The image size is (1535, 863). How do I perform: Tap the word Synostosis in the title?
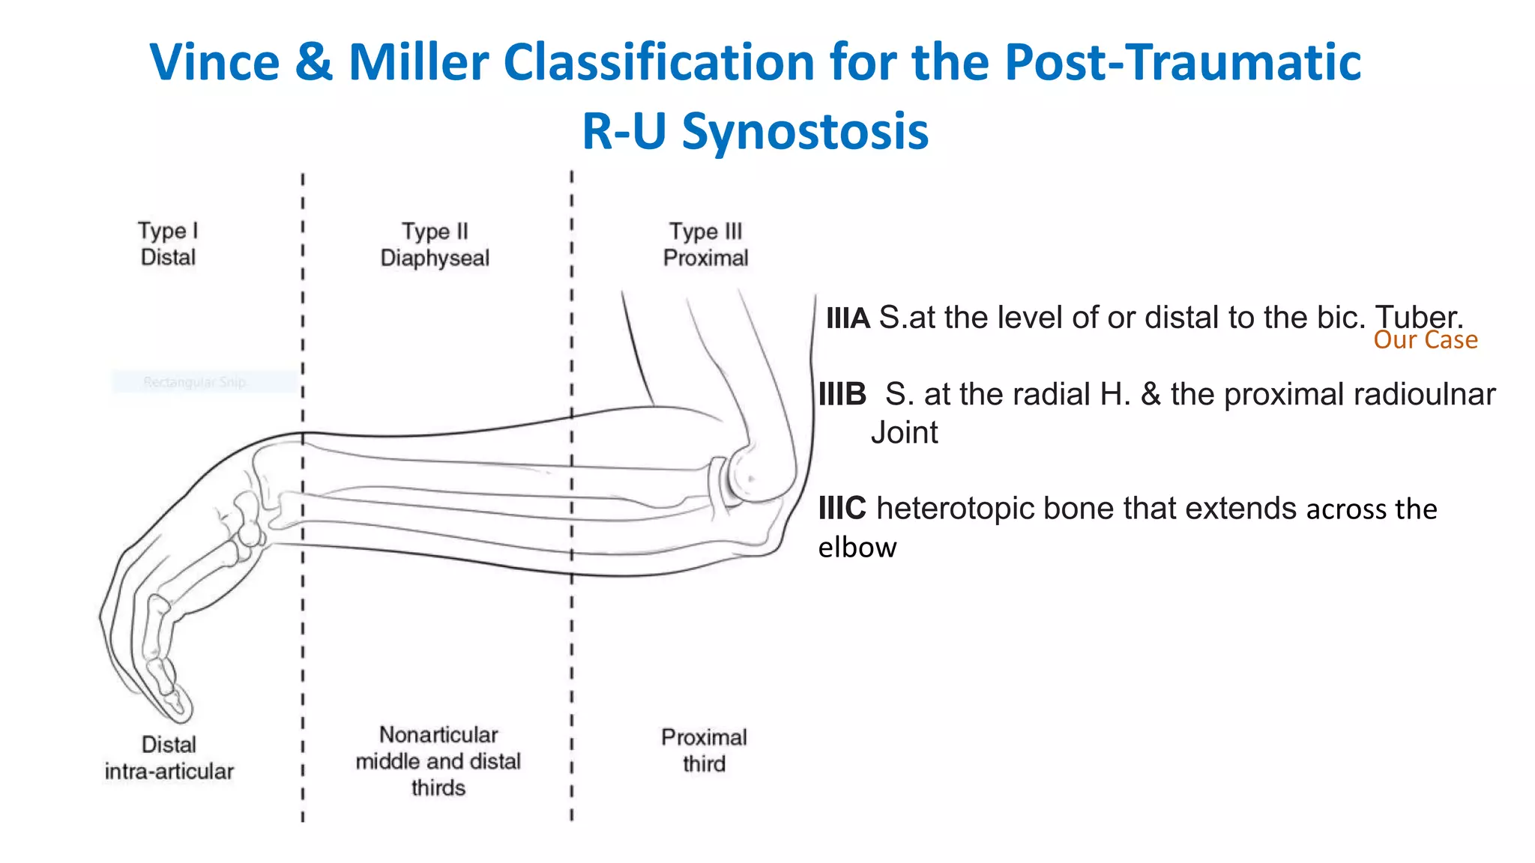point(805,132)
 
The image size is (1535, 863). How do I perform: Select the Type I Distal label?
point(168,243)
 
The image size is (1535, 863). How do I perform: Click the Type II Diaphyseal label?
point(435,244)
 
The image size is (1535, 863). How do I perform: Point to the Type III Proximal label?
point(705,244)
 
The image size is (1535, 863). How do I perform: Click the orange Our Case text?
point(1425,340)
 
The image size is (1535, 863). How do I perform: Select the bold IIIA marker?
point(847,318)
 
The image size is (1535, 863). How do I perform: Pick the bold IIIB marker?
point(842,394)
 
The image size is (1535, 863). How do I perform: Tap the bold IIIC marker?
point(842,509)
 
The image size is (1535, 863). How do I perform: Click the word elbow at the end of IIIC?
point(857,548)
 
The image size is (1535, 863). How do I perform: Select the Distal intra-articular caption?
point(169,757)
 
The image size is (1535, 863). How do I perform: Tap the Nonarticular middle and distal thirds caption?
point(438,760)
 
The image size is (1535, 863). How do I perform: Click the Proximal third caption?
point(704,750)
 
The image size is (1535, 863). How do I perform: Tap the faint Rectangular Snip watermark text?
point(194,382)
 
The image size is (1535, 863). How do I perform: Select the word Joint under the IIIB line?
point(904,433)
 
